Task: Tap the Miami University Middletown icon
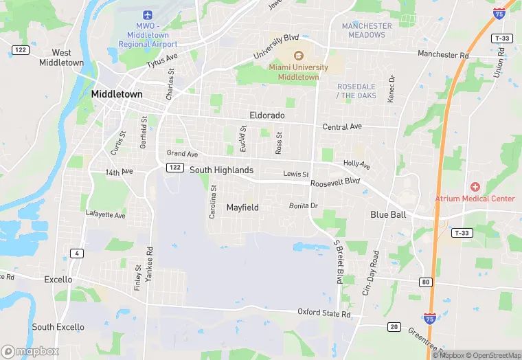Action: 299,54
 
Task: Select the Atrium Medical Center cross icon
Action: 474,187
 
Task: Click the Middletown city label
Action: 117,94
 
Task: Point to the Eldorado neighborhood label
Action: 266,115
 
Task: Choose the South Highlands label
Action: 221,170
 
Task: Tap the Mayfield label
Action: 242,207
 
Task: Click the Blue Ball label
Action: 388,214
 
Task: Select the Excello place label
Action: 58,280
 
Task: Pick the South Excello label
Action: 58,327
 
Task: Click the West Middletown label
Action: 61,58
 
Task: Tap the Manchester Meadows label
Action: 367,30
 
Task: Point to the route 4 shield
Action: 77,254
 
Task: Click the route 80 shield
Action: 426,282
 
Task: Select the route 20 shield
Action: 393,326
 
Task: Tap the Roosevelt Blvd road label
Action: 335,182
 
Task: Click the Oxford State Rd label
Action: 324,313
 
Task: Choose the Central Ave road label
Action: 342,127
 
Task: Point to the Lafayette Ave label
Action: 106,215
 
